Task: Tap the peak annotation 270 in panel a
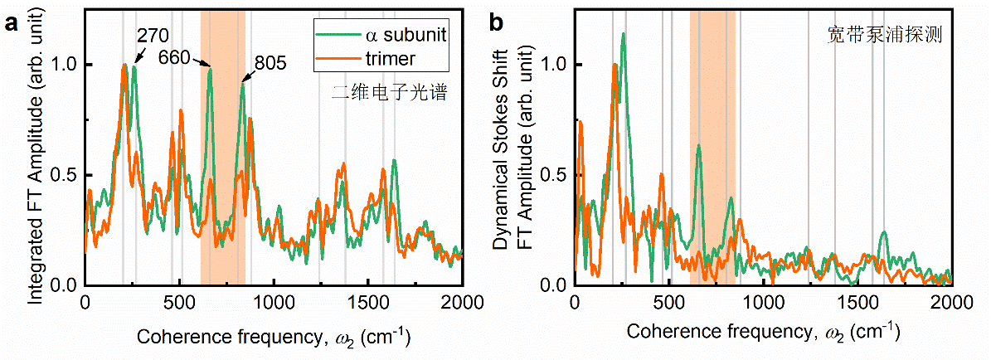click(153, 36)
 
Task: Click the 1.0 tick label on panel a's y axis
click(64, 64)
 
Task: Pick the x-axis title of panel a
click(274, 337)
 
